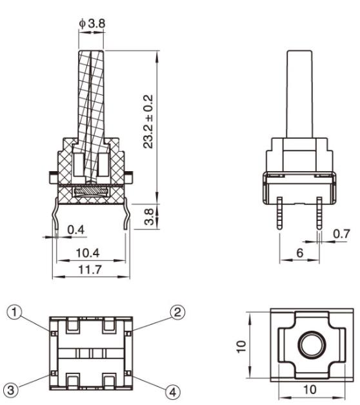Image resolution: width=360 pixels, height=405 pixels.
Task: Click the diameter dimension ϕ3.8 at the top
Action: pos(92,24)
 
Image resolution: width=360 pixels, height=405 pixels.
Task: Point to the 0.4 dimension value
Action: pos(75,229)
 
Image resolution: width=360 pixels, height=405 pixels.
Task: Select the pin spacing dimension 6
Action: pos(299,253)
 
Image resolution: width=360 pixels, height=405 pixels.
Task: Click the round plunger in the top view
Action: pos(311,345)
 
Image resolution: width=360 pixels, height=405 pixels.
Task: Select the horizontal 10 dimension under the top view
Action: pos(310,390)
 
